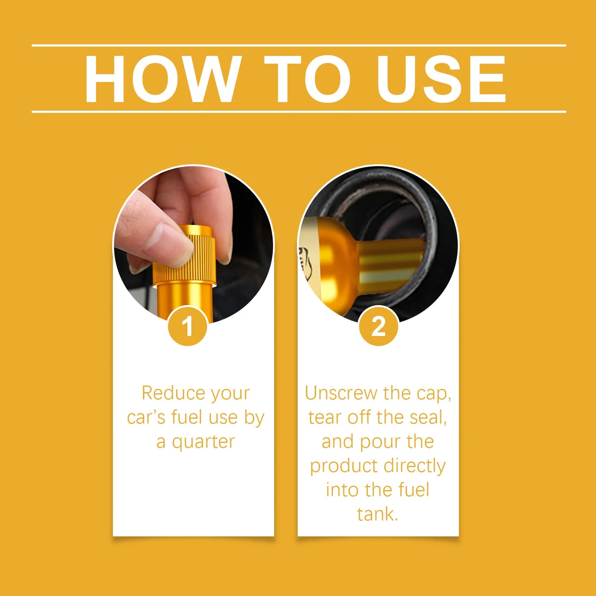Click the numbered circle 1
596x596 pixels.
click(188, 326)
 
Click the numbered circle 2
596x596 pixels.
click(378, 326)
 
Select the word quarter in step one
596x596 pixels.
click(203, 442)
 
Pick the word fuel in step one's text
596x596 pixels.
click(188, 417)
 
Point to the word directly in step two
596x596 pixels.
click(414, 466)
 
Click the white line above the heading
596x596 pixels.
click(299, 45)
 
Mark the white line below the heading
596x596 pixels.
click(299, 112)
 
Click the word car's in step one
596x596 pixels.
click(146, 417)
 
